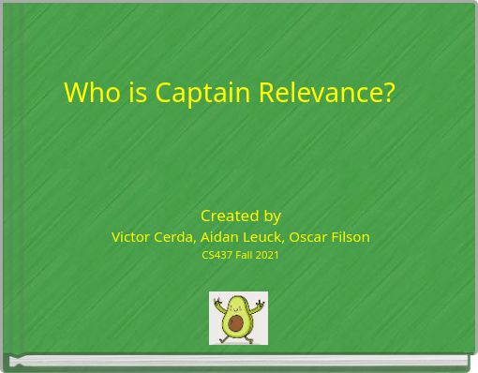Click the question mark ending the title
tap(389, 93)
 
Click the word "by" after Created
tap(272, 216)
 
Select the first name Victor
tap(132, 237)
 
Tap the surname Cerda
tap(176, 237)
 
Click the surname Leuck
tap(265, 237)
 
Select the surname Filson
tap(351, 237)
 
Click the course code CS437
tap(217, 255)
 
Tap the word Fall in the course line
tap(246, 255)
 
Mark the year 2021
tap(268, 255)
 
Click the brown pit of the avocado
tap(237, 324)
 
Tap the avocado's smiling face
tap(237, 306)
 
